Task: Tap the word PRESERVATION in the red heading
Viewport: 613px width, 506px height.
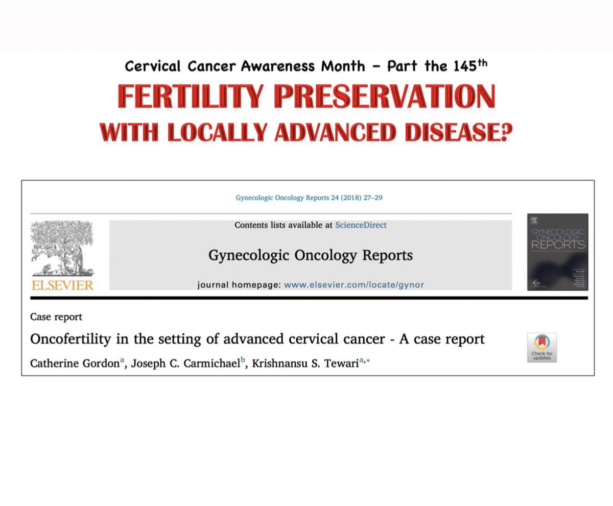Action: pyautogui.click(x=378, y=98)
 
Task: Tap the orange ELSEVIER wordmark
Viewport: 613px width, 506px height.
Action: pyautogui.click(x=62, y=284)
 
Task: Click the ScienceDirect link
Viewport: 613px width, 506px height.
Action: pyautogui.click(x=361, y=225)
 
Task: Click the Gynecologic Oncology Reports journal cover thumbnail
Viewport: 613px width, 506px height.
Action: pyautogui.click(x=557, y=252)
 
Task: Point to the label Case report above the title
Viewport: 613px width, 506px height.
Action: pyautogui.click(x=56, y=317)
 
